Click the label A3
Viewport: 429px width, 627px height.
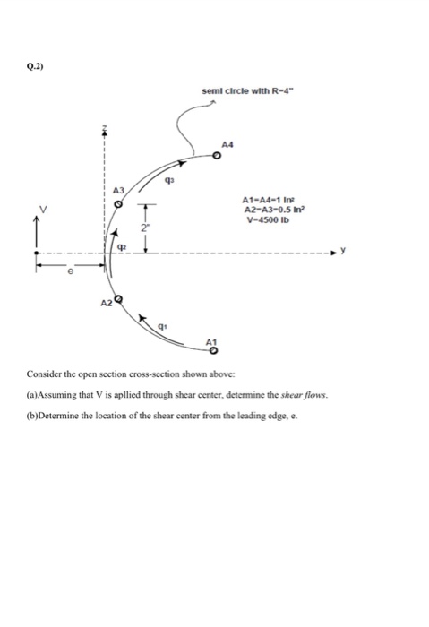(x=115, y=190)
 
